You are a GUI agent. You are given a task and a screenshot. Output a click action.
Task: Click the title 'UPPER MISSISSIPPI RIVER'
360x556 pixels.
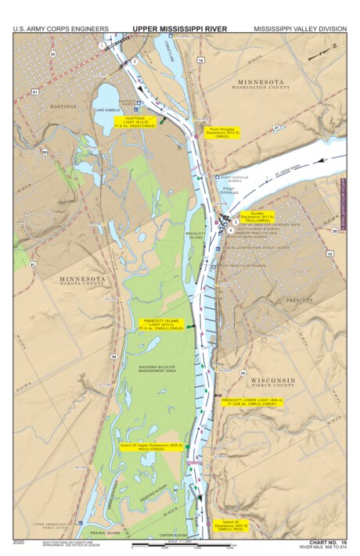point(179,28)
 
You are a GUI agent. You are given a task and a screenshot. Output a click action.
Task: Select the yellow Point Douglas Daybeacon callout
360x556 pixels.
point(221,133)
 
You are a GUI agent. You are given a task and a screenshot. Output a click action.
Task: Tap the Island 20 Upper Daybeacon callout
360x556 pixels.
point(152,447)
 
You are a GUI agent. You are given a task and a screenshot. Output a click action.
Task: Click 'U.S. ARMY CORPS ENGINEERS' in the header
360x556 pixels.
point(60,28)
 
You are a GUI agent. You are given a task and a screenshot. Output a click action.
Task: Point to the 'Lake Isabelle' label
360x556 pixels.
point(107,110)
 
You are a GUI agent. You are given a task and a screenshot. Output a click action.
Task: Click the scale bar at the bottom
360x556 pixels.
point(180,544)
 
